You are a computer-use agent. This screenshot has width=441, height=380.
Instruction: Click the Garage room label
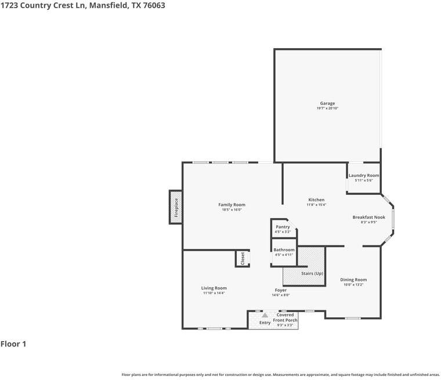click(x=327, y=103)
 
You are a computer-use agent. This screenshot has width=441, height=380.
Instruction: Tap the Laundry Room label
click(x=364, y=175)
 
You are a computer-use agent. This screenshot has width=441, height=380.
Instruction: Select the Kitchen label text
click(x=316, y=200)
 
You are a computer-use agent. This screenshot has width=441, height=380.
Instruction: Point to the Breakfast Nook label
click(x=364, y=217)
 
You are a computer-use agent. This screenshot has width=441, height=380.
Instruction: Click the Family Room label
click(x=232, y=205)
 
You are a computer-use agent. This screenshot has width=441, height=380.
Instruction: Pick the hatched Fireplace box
click(x=176, y=207)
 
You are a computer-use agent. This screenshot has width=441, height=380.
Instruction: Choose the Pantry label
click(x=283, y=227)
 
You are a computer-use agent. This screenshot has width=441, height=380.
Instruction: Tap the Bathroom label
click(x=284, y=250)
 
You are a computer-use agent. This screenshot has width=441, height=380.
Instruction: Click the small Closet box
click(x=242, y=258)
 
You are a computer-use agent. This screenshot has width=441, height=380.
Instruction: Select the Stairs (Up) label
click(x=312, y=273)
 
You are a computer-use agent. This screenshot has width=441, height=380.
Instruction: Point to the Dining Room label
click(x=353, y=280)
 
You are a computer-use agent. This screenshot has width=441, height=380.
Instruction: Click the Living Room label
click(x=214, y=288)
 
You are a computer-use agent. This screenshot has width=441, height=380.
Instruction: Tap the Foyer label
click(x=281, y=290)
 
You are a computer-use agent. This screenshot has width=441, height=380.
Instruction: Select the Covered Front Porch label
click(x=285, y=317)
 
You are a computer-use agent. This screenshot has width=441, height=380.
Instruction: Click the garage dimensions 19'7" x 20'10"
click(x=327, y=108)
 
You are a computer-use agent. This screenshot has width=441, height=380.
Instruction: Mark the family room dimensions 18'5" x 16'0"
click(x=232, y=210)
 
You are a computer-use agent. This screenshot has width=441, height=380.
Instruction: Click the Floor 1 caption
click(x=14, y=344)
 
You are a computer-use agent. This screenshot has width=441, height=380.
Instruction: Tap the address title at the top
click(x=78, y=6)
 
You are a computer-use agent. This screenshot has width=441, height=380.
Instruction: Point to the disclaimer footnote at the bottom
click(x=280, y=374)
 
